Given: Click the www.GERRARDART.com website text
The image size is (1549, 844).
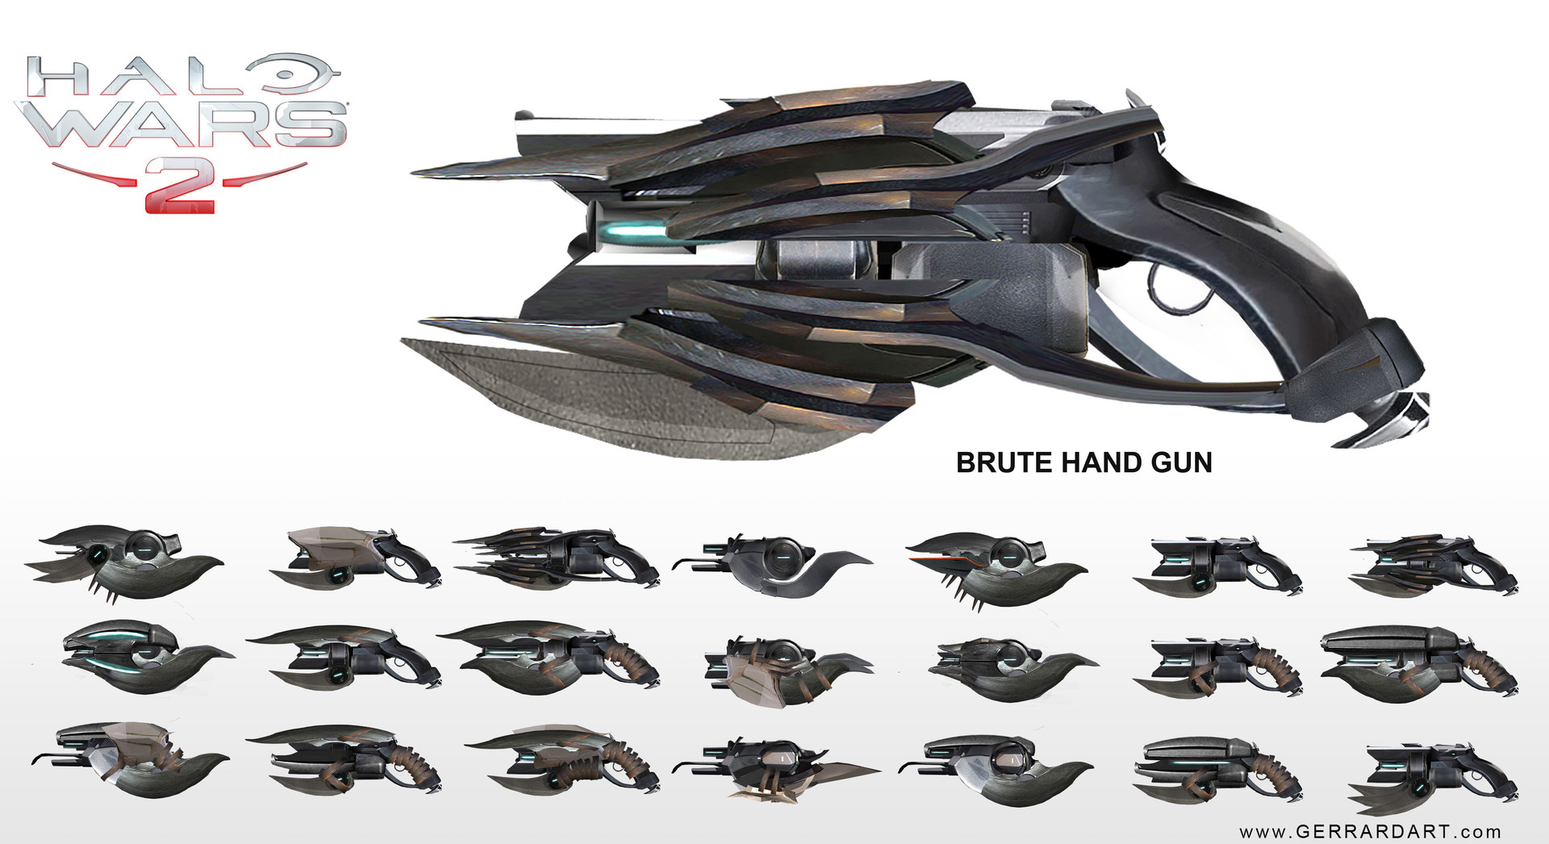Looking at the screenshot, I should coord(1370,831).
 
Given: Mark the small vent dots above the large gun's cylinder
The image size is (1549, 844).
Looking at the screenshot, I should coord(1025,220).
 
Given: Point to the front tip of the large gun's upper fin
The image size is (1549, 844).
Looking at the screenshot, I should coord(420,173).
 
